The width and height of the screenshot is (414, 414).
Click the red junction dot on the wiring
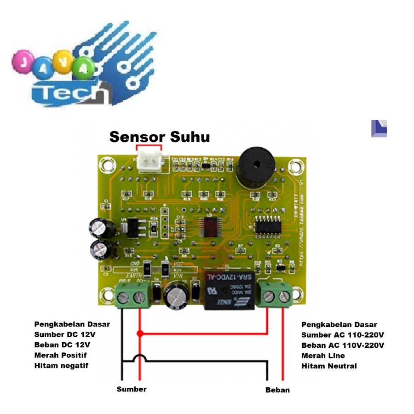click(x=140, y=333)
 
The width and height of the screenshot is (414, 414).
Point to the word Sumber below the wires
click(x=132, y=389)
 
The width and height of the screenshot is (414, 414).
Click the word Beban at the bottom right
click(x=277, y=390)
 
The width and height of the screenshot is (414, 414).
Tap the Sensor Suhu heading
click(x=160, y=137)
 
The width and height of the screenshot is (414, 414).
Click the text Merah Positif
click(x=60, y=355)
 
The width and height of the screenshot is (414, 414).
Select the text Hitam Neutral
click(x=329, y=366)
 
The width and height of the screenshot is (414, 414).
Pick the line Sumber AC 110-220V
click(x=343, y=334)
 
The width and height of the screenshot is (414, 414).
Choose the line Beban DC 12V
click(x=62, y=345)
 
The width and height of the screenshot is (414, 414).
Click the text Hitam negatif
click(x=61, y=366)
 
